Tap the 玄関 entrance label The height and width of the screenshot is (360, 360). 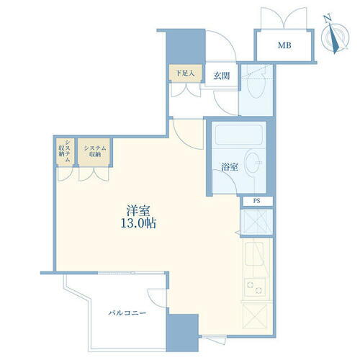221,73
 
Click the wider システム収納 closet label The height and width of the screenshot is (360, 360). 94,150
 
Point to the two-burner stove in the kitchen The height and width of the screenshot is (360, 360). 256,287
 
